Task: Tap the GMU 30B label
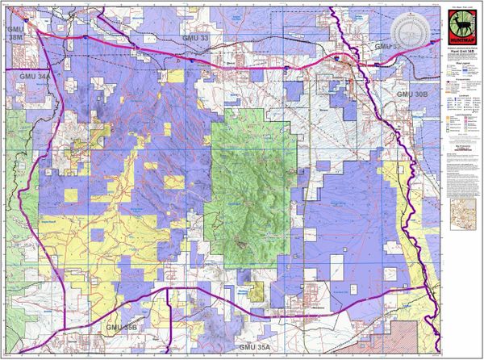pyautogui.click(x=414, y=94)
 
